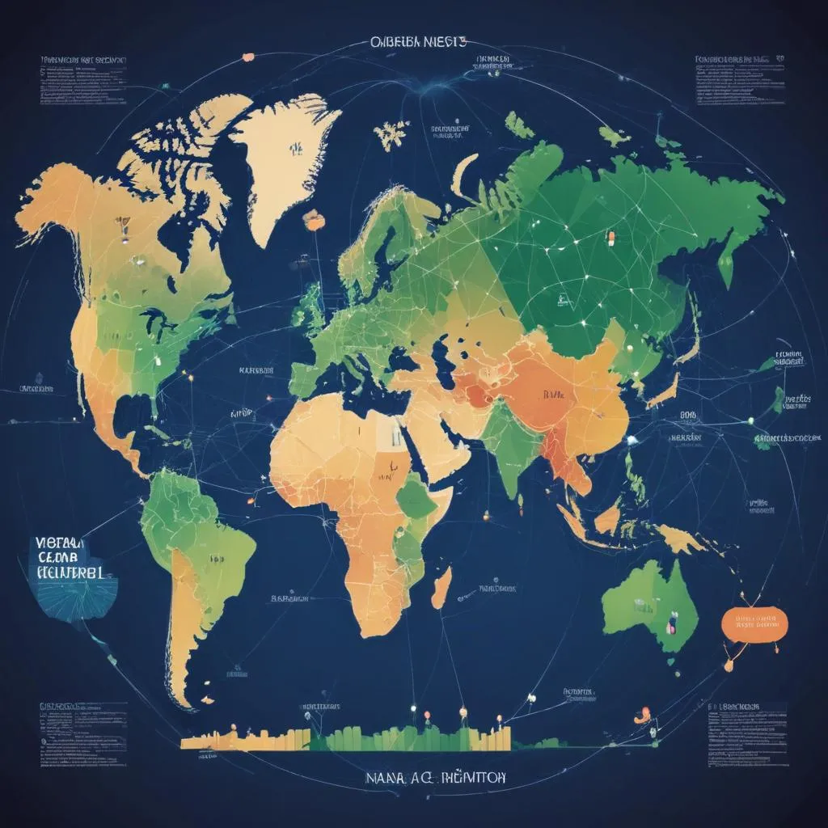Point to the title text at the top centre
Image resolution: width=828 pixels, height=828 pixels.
[x=417, y=43]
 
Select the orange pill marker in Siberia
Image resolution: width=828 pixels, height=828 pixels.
[x=611, y=238]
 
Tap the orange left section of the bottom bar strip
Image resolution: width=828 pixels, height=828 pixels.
[x=243, y=738]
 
